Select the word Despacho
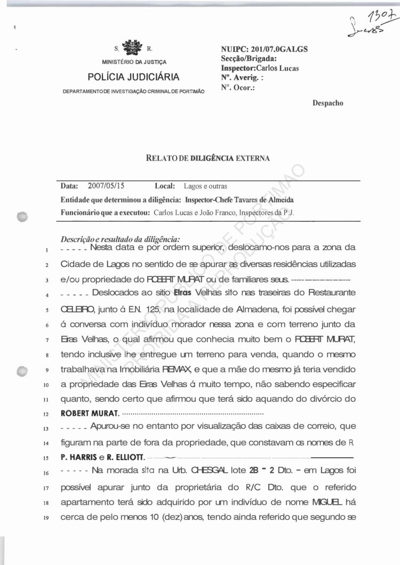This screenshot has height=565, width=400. (x=327, y=103)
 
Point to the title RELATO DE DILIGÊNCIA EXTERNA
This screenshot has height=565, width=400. (x=207, y=158)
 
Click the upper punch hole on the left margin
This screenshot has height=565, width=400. (x=22, y=216)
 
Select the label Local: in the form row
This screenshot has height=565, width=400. (x=165, y=187)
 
